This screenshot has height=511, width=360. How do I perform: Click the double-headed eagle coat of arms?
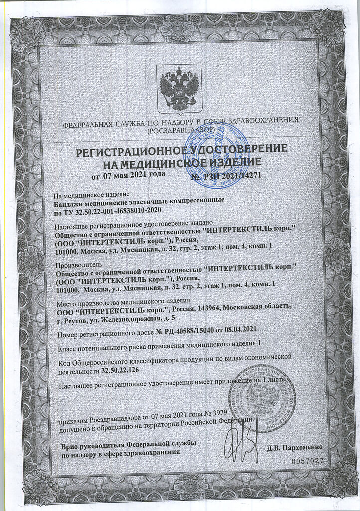tap(179, 88)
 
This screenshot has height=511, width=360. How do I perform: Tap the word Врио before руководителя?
tap(69, 444)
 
